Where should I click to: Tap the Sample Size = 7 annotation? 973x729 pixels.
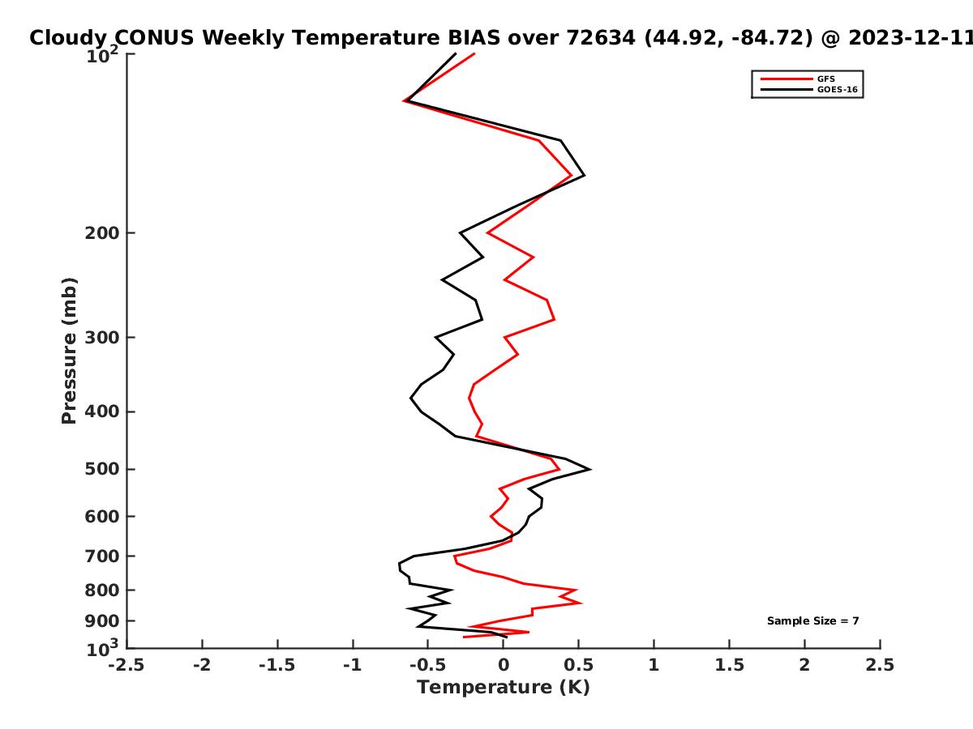pos(812,620)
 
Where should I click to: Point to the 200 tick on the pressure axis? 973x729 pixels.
pos(102,232)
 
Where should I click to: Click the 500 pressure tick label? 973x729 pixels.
pos(102,469)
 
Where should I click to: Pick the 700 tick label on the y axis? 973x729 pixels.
pos(102,556)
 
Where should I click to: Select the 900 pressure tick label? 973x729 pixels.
pos(102,621)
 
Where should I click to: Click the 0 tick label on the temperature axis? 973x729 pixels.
pos(504,665)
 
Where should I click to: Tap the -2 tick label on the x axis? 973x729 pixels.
pos(202,665)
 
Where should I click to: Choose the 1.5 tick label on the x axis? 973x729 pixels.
pos(729,665)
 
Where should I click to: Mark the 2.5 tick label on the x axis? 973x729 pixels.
pos(880,665)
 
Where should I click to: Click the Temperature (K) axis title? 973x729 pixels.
pos(504,688)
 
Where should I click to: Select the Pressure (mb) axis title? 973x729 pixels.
pos(69,351)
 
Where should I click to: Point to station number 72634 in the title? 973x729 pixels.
pos(601,38)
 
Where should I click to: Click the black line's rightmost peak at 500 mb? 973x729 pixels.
pos(590,469)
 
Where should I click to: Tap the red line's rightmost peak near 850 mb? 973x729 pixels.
pos(581,603)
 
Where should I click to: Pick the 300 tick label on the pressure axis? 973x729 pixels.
pos(102,338)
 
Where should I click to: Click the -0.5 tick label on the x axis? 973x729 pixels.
pos(428,665)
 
